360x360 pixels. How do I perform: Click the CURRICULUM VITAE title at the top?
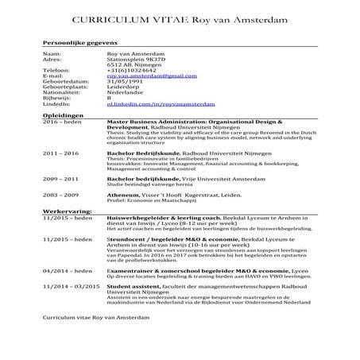click(x=180, y=17)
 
